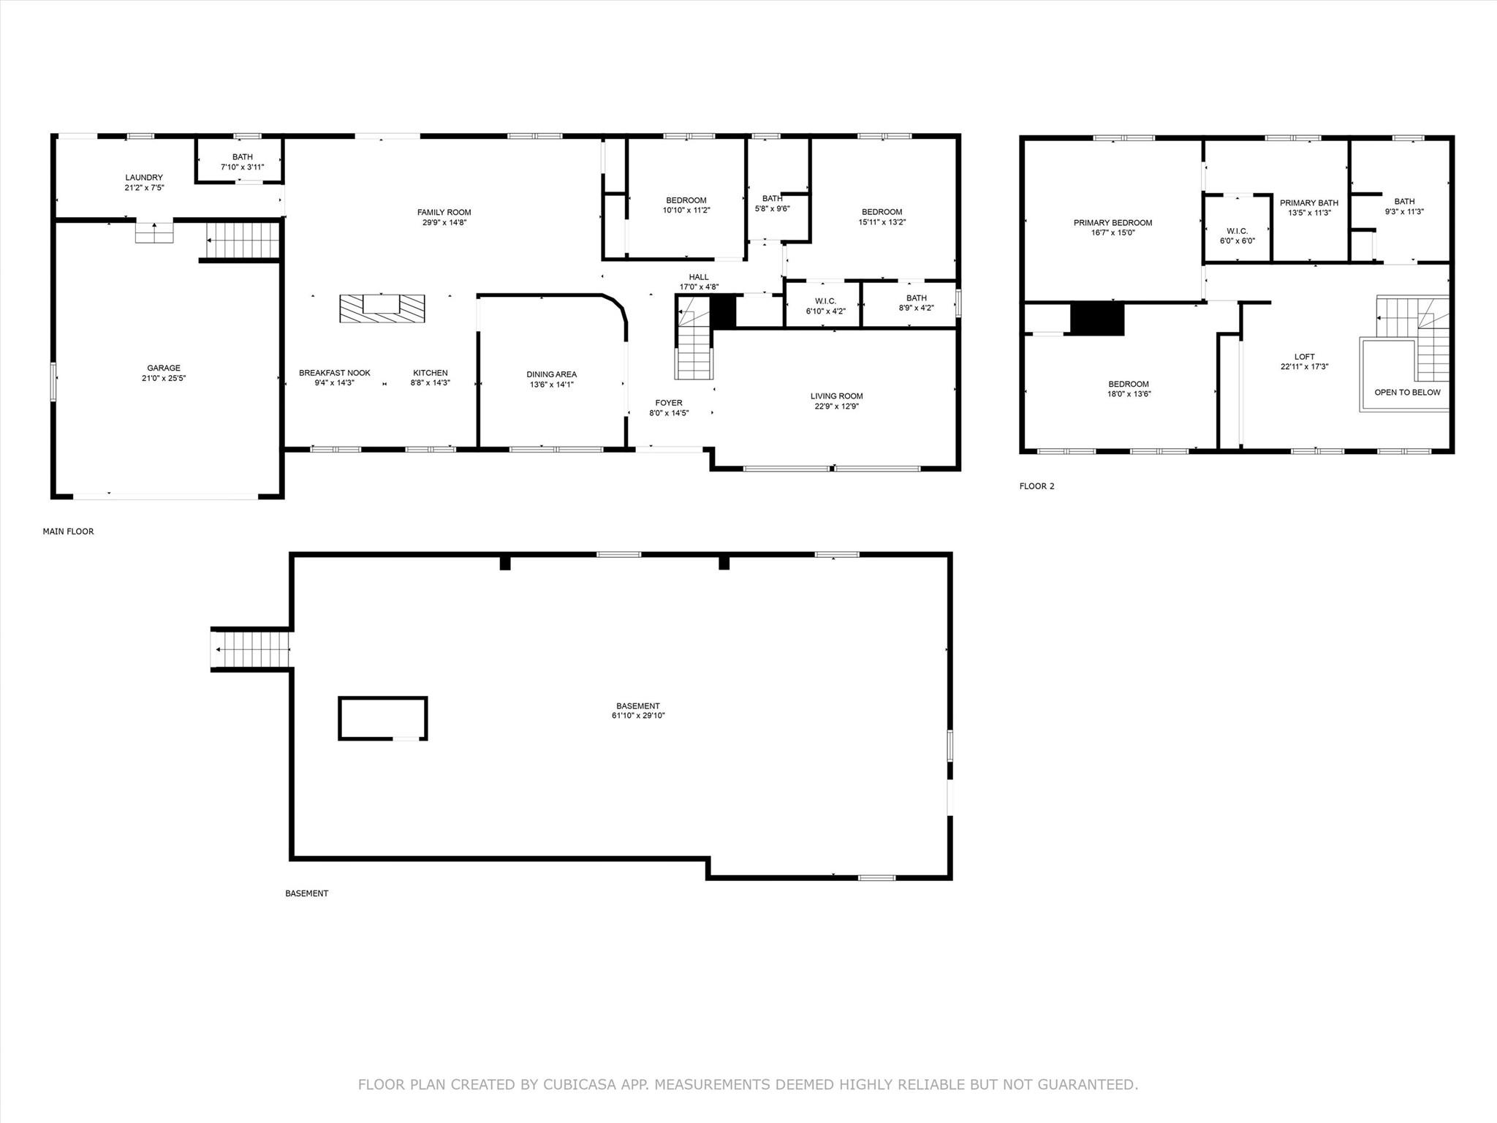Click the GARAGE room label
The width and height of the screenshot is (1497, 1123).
coord(164,368)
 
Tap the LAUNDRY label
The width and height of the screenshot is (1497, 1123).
coord(144,178)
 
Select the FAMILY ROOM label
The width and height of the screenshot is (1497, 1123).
coord(444,213)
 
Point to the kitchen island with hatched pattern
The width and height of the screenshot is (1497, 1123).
coord(382,308)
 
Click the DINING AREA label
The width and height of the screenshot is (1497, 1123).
coord(552,374)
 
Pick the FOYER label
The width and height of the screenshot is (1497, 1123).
coord(669,403)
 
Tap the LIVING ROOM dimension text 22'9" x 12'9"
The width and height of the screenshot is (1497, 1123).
coord(837,407)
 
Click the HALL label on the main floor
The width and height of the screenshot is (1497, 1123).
coord(699,277)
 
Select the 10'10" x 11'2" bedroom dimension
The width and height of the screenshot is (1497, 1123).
coord(686,211)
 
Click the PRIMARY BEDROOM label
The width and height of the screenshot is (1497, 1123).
coord(1113,223)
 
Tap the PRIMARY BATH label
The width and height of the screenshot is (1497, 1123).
coord(1309,203)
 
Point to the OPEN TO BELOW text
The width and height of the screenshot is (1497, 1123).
coord(1408,393)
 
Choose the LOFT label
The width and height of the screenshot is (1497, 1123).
coord(1305,357)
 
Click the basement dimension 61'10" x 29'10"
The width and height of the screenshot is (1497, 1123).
coord(638,716)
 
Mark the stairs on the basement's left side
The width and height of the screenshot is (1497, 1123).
coord(250,649)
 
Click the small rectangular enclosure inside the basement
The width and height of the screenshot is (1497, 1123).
coord(383,719)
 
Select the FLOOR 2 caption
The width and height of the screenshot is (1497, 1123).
coord(1037,486)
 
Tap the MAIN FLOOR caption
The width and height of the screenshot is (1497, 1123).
coord(69,532)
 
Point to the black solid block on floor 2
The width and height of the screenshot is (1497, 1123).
coord(1097,319)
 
